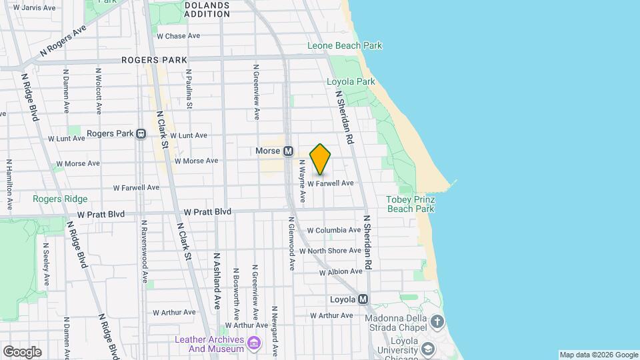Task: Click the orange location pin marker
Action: (321, 159)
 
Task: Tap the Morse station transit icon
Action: (289, 151)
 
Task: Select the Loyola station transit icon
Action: (363, 299)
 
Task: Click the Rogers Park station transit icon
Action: (141, 133)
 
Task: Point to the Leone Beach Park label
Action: (345, 46)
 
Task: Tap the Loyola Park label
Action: (351, 82)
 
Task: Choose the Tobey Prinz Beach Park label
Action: (411, 204)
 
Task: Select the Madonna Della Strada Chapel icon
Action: (437, 323)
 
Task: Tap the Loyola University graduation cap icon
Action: (427, 347)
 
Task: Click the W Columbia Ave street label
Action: (333, 230)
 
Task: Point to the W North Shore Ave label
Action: (330, 251)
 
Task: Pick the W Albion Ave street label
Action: (340, 272)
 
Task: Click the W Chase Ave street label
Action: (178, 36)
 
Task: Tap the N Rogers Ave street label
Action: (63, 41)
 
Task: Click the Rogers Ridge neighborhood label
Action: (60, 199)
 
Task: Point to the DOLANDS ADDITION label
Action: (207, 9)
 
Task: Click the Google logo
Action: (22, 351)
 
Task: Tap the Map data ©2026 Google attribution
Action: (598, 355)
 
